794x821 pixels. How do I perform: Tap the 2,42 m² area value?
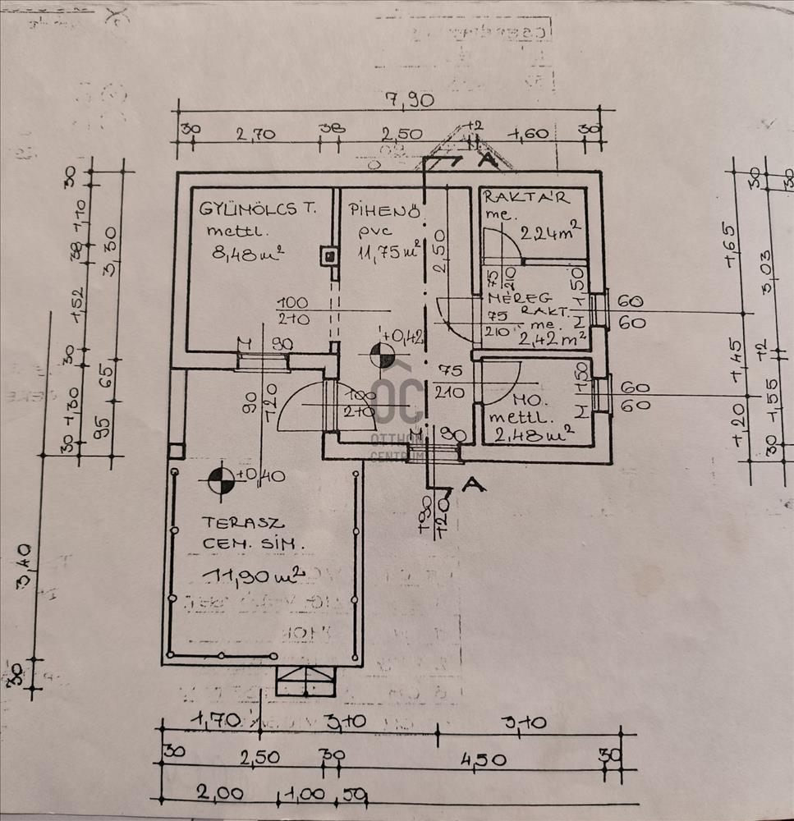(553, 336)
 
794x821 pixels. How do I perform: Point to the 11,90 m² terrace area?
(241, 576)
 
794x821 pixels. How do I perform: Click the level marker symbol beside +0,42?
(382, 355)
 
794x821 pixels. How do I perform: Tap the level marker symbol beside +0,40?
(219, 481)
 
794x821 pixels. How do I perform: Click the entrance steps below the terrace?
(305, 681)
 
